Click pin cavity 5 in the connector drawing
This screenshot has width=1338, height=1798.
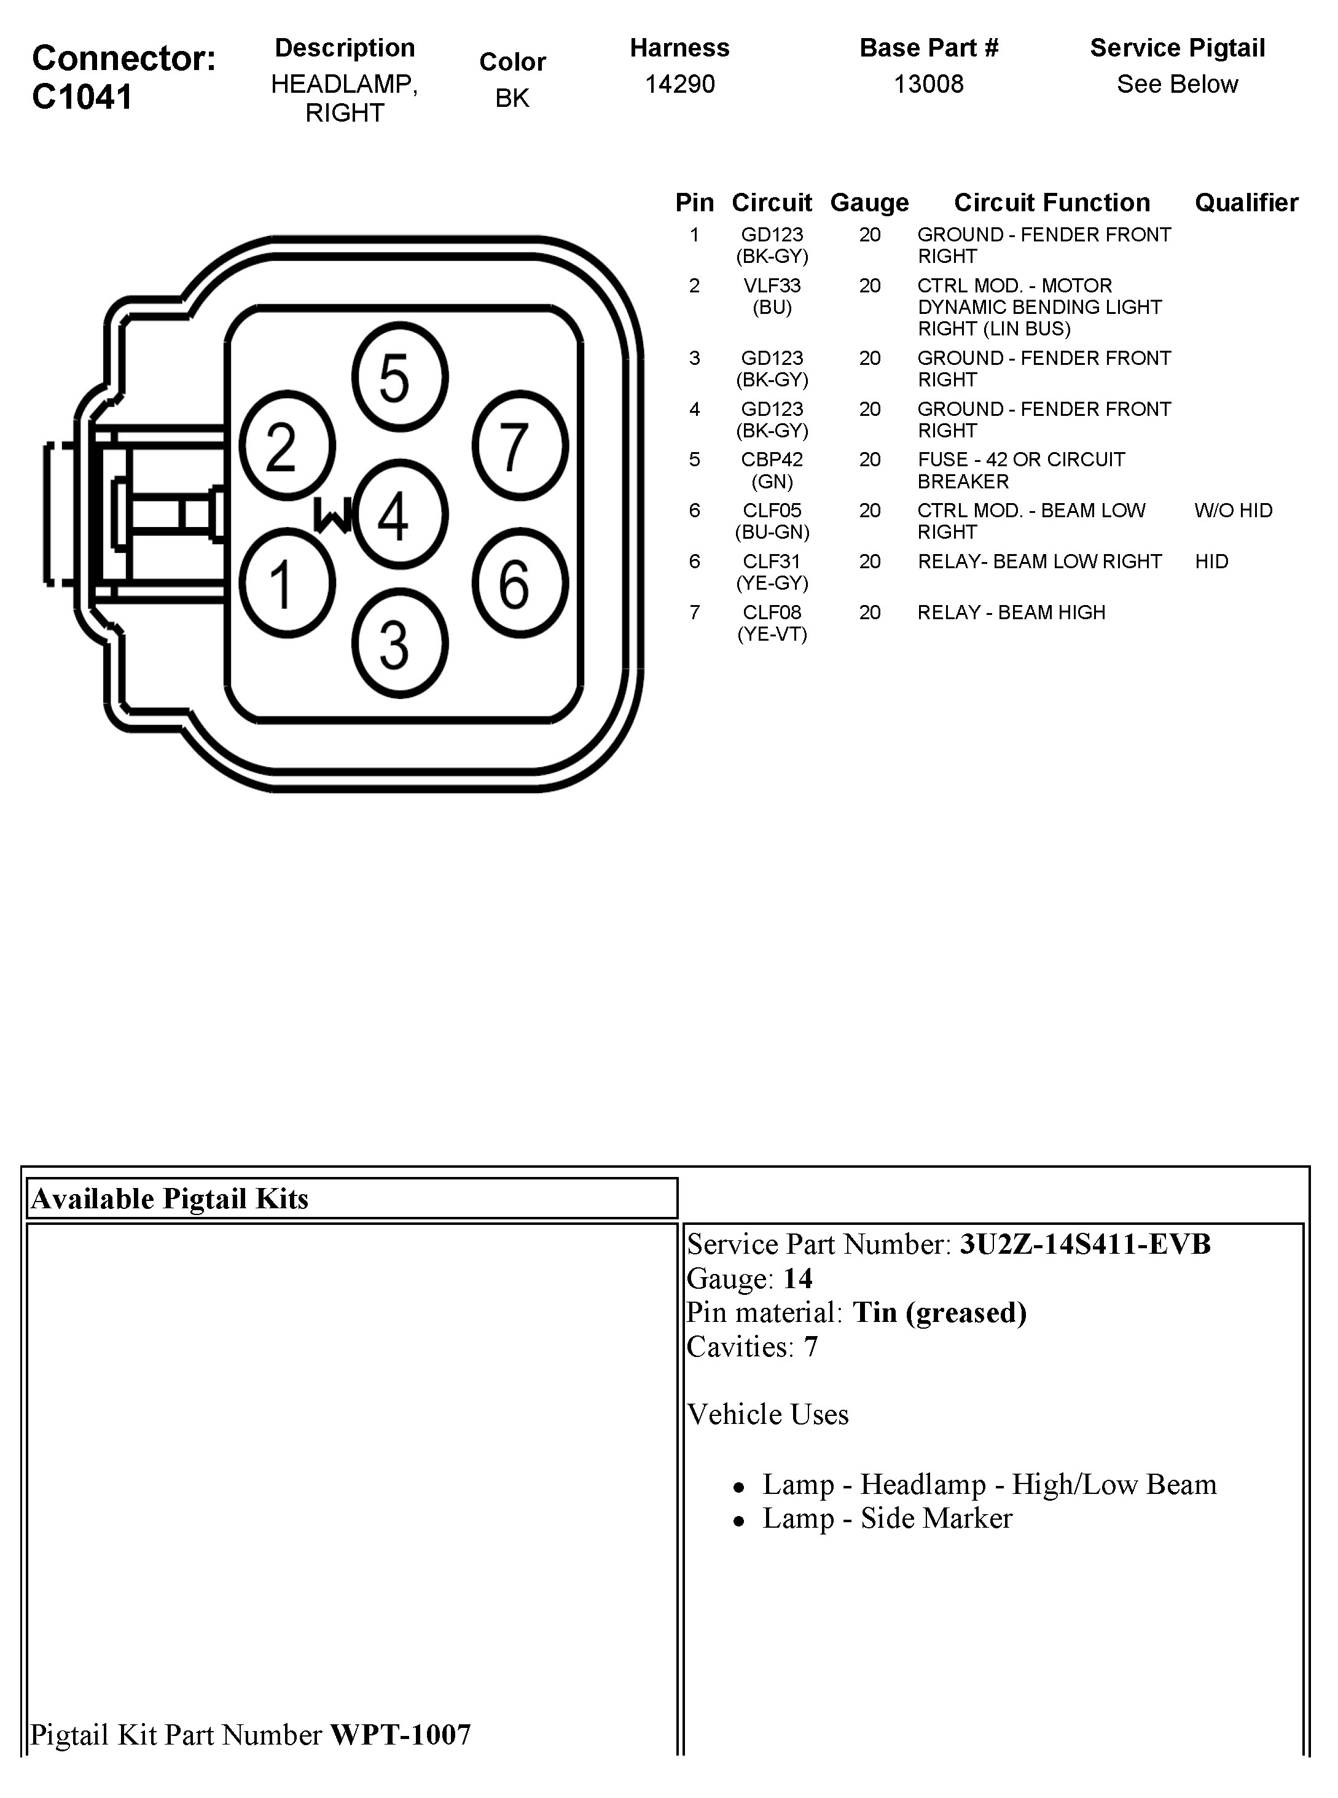tap(400, 377)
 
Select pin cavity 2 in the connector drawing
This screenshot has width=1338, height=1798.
tap(287, 445)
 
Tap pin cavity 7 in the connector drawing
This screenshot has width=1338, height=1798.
tap(520, 445)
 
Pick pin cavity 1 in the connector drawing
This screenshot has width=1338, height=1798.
tap(287, 583)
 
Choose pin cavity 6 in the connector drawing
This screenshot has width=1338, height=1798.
tap(520, 583)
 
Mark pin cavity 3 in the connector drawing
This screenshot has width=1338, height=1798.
tap(400, 644)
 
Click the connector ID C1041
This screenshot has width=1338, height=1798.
tap(82, 97)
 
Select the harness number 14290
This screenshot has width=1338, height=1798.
tap(679, 84)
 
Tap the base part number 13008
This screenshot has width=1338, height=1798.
tap(928, 84)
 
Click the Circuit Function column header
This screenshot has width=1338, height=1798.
tap(1051, 203)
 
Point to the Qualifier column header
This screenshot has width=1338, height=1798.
tap(1246, 203)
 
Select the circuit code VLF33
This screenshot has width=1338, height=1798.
tap(772, 286)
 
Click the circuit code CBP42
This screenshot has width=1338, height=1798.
tap(772, 460)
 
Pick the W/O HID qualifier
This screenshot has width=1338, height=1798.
tap(1233, 511)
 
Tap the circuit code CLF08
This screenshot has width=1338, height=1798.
tap(772, 613)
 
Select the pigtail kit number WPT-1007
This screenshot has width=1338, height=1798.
tap(400, 1735)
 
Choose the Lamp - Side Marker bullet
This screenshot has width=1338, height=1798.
tap(887, 1519)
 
